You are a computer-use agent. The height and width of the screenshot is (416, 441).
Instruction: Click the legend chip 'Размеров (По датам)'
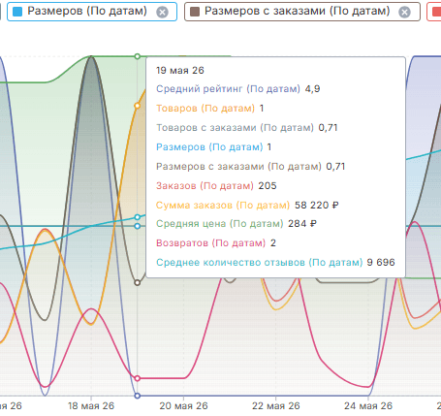(92, 12)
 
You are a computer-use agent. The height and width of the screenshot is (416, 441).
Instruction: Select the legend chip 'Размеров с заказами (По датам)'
(302, 12)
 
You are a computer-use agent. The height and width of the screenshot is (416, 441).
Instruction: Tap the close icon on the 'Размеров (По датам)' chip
(162, 13)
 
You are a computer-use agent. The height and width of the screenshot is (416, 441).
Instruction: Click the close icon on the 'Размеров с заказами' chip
(404, 13)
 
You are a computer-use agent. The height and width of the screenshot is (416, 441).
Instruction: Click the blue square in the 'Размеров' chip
(17, 12)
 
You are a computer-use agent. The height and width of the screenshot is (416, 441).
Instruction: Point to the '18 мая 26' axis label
(91, 405)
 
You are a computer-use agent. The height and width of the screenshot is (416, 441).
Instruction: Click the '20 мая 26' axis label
(183, 405)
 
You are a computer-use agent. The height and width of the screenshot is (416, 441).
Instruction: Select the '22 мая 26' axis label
(276, 405)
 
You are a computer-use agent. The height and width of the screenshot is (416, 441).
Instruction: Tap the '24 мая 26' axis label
(368, 405)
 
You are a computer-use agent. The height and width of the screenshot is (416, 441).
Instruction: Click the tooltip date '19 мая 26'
(180, 71)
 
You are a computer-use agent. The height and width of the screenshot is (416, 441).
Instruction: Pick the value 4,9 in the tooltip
(312, 89)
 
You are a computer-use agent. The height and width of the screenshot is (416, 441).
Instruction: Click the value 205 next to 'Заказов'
(268, 186)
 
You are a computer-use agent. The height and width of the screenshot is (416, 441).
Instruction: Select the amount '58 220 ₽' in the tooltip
(317, 206)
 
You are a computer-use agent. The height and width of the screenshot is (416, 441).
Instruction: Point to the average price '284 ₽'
(302, 224)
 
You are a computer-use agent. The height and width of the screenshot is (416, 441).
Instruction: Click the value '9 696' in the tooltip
(381, 262)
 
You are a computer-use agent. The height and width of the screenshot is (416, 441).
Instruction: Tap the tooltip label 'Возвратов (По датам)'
(210, 243)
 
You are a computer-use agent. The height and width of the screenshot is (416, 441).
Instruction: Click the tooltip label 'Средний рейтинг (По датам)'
(228, 89)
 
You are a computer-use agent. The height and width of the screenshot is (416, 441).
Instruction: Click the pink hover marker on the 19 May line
(138, 378)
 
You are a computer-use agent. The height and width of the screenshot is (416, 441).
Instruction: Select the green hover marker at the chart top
(138, 56)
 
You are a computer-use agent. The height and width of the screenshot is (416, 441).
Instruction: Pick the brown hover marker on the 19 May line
(138, 283)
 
